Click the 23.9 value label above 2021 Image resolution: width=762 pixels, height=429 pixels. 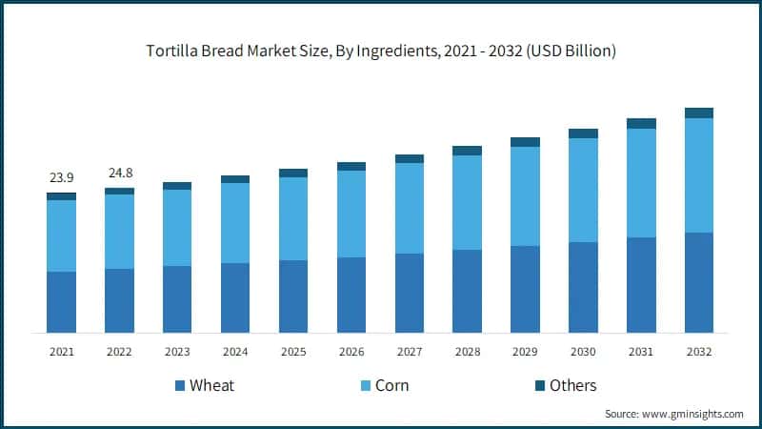click(62, 177)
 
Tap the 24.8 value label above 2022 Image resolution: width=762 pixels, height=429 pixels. click(120, 173)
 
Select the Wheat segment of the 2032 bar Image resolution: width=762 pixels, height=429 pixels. click(699, 282)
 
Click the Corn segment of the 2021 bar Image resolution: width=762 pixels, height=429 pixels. click(62, 235)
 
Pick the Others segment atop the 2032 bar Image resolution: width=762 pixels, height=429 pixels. click(699, 112)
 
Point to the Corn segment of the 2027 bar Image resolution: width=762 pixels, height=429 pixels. click(410, 208)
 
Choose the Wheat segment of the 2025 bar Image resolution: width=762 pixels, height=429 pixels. click(293, 296)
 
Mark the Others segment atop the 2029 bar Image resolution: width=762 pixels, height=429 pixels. click(525, 142)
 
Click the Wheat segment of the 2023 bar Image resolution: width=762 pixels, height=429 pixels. click(177, 299)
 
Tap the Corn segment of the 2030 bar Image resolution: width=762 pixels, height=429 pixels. click(583, 190)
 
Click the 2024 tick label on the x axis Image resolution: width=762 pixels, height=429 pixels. click(235, 352)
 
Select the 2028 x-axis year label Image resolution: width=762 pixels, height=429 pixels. click(467, 352)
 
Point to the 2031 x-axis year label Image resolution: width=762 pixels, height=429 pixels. click(641, 352)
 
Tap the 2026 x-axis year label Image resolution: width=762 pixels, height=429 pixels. click(351, 352)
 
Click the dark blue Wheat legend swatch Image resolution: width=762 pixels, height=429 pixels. click(179, 386)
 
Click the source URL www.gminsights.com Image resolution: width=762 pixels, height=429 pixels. click(692, 414)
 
